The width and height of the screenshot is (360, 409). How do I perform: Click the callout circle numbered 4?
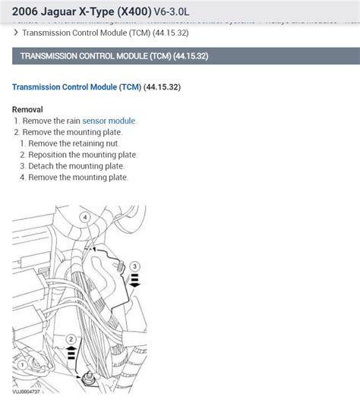85,218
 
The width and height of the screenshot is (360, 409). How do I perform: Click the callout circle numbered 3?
135,266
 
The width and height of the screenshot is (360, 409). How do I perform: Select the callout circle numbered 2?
71,338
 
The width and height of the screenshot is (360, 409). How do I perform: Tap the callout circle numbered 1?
22,365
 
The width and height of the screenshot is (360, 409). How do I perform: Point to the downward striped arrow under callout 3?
134,283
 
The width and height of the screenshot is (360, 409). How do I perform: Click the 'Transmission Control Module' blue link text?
64,87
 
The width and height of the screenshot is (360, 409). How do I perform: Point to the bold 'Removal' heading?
27,109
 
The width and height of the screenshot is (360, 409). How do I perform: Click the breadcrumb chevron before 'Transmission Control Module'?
16,33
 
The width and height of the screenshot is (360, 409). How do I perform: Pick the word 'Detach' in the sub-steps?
43,166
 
